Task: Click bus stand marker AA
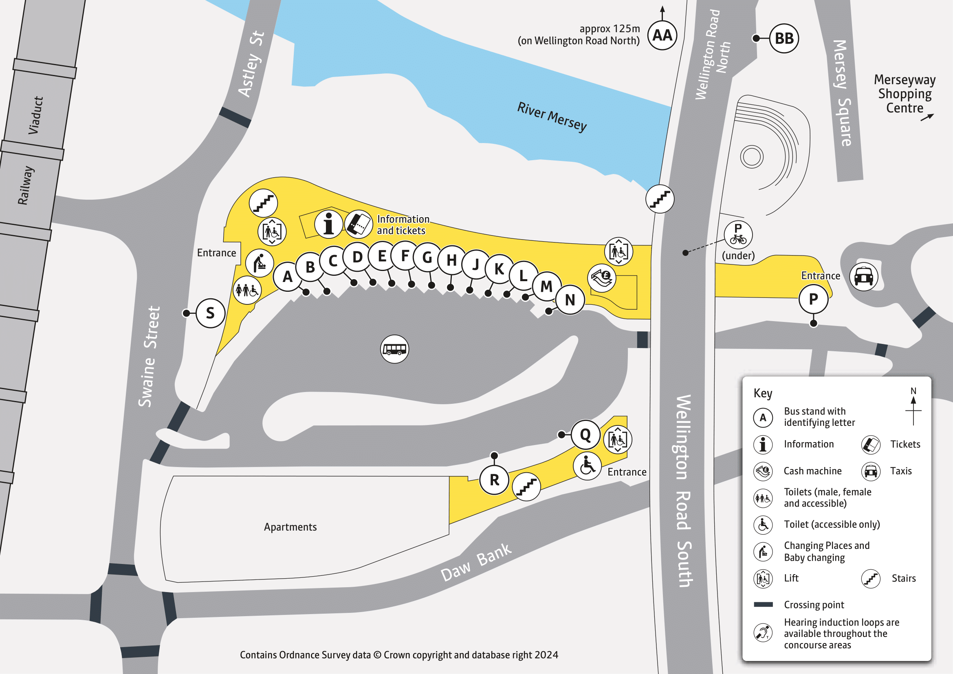pyautogui.click(x=662, y=36)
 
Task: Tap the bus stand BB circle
pyautogui.click(x=784, y=39)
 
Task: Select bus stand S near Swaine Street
pyautogui.click(x=210, y=313)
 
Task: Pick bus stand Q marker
pyautogui.click(x=585, y=435)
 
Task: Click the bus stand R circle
pyautogui.click(x=494, y=480)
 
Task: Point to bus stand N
pyautogui.click(x=570, y=300)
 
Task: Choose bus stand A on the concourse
pyautogui.click(x=287, y=276)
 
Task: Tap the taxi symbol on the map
pyautogui.click(x=863, y=276)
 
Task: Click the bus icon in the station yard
pyautogui.click(x=394, y=349)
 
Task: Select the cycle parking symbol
pyautogui.click(x=737, y=235)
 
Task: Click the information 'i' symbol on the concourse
pyautogui.click(x=328, y=224)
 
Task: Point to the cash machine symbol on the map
pyautogui.click(x=601, y=278)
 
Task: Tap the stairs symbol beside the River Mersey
pyautogui.click(x=660, y=199)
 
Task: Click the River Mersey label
pyautogui.click(x=552, y=117)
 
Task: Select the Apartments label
pyautogui.click(x=290, y=527)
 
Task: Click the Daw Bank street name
pyautogui.click(x=475, y=562)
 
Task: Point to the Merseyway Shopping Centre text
pyautogui.click(x=905, y=94)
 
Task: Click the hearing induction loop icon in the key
pyautogui.click(x=763, y=633)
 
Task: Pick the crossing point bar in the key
pyautogui.click(x=763, y=605)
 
